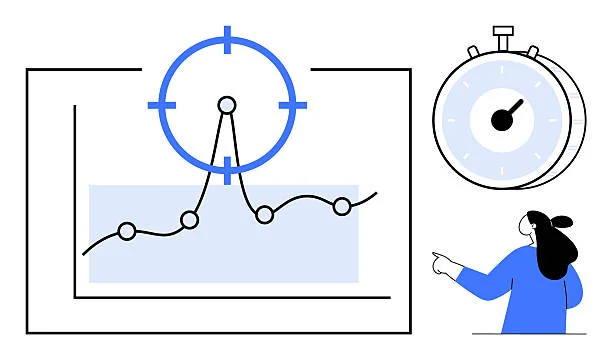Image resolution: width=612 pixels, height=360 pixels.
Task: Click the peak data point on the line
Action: [227, 104]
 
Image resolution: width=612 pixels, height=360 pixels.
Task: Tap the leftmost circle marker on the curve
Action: [127, 231]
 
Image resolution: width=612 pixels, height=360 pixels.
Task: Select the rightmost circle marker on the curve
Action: [342, 206]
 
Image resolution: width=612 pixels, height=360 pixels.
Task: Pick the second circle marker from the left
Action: [189, 219]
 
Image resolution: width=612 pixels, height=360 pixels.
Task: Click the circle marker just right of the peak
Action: [264, 214]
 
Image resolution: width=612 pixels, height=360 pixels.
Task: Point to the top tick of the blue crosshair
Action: [227, 39]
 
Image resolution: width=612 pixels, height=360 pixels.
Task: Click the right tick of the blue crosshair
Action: [292, 104]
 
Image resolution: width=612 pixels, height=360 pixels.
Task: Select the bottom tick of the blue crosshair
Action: [227, 169]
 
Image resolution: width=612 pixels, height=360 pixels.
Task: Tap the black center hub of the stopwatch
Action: [502, 120]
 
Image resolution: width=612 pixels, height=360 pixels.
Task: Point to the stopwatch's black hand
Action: [513, 108]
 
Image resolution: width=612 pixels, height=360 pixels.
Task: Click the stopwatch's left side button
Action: [473, 51]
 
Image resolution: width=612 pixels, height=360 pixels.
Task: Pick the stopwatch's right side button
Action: [533, 51]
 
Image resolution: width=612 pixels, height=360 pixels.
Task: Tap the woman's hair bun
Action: [563, 221]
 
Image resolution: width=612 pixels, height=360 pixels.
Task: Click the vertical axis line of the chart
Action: [75, 200]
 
